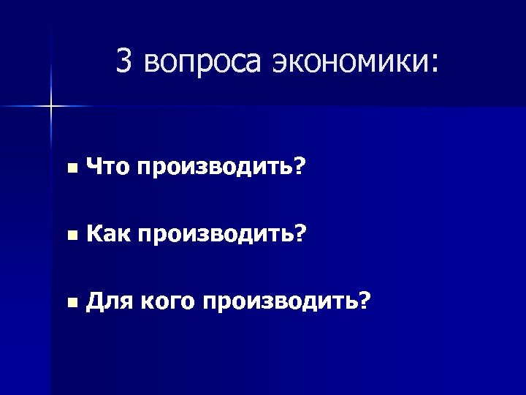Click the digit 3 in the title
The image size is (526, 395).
pyautogui.click(x=124, y=64)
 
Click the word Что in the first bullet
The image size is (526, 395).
pyautogui.click(x=107, y=169)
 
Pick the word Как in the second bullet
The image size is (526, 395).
pyautogui.click(x=107, y=234)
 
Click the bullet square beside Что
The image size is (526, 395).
pyautogui.click(x=70, y=170)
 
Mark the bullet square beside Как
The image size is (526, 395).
pyautogui.click(x=70, y=236)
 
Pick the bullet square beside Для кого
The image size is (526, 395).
pyautogui.click(x=70, y=301)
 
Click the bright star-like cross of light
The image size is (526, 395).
pyautogui.click(x=51, y=107)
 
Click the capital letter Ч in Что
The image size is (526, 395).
pyautogui.click(x=93, y=169)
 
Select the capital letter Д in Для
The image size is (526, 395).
pyautogui.click(x=94, y=300)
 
